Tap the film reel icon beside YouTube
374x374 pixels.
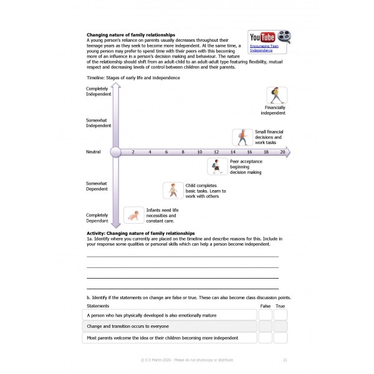[284, 36]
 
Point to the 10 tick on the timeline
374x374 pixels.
[199, 151]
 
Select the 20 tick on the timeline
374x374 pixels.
[282, 151]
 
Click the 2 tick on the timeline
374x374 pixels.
[133, 151]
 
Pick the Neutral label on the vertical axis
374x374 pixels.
[93, 151]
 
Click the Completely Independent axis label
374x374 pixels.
[98, 92]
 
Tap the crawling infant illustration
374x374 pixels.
[133, 215]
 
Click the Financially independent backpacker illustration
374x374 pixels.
[274, 95]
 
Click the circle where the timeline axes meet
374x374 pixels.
[115, 151]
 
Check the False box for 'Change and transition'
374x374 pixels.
[266, 327]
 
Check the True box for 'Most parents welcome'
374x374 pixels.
[280, 338]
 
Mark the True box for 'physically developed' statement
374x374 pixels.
[280, 315]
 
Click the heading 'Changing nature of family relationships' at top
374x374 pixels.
[130, 34]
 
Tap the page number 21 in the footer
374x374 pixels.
[285, 360]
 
